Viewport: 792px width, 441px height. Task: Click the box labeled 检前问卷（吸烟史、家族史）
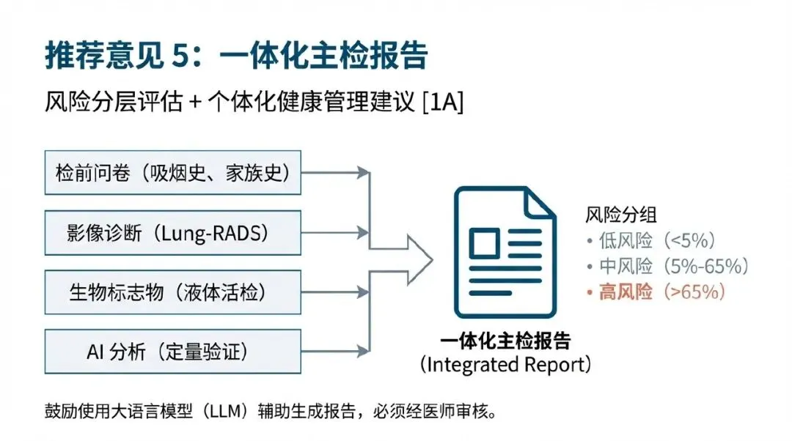(172, 174)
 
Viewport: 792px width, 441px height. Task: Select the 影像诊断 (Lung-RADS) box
(172, 233)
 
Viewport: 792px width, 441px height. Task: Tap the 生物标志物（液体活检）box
(172, 292)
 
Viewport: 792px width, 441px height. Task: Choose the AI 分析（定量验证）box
(172, 352)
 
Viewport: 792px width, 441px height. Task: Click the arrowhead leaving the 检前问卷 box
(362, 173)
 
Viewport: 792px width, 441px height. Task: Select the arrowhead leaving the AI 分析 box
(362, 351)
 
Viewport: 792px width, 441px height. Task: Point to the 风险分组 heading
(620, 215)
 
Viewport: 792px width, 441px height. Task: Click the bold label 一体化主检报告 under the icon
(505, 341)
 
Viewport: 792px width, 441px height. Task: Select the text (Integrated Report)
(505, 364)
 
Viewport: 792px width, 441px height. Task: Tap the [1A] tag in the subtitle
(443, 102)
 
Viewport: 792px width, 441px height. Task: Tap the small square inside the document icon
(484, 242)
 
